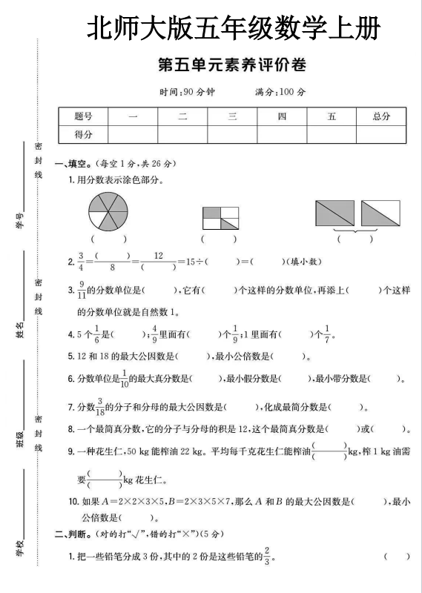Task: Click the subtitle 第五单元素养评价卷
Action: pos(232,66)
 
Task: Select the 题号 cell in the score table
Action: pos(83,116)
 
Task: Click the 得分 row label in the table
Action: pos(83,134)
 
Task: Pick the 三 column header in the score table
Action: pos(231,116)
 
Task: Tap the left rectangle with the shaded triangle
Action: pos(335,213)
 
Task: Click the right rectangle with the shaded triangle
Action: pos(380,213)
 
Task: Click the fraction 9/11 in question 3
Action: pos(81,291)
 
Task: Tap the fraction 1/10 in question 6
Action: pos(125,379)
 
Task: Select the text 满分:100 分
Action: pos(280,93)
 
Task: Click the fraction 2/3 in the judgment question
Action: pos(268,556)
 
